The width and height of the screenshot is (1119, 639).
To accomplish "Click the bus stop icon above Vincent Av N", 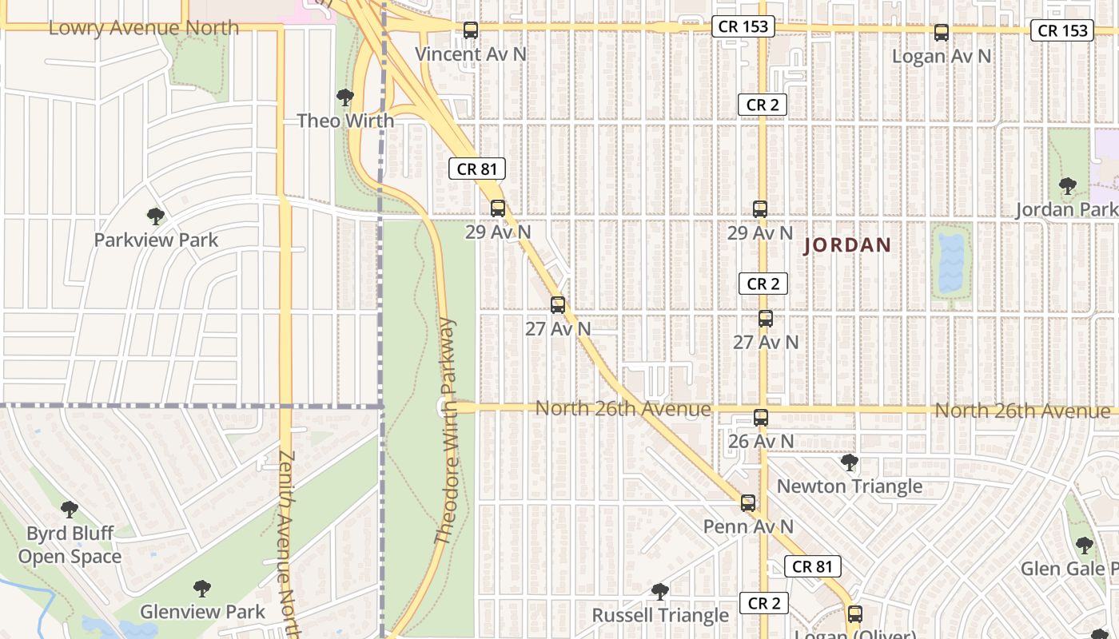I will pyautogui.click(x=471, y=30).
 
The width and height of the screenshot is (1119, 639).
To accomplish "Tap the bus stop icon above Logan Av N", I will pyautogui.click(x=942, y=33).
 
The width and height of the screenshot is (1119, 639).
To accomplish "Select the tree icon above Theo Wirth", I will pyautogui.click(x=345, y=97).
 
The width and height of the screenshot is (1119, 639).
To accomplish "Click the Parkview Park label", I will pyautogui.click(x=156, y=240).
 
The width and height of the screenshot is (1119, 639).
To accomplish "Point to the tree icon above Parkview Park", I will pyautogui.click(x=156, y=216).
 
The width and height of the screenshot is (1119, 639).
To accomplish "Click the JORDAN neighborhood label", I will pyautogui.click(x=847, y=245).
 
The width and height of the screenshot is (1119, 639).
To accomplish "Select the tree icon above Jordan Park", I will pyautogui.click(x=1067, y=186).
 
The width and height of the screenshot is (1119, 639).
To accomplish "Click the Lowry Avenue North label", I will pyautogui.click(x=144, y=28).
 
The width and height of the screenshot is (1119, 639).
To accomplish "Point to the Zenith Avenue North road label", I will pyautogui.click(x=288, y=543).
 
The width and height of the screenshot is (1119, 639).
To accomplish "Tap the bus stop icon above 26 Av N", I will pyautogui.click(x=761, y=417).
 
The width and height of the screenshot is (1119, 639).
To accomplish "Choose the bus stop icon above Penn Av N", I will pyautogui.click(x=748, y=502).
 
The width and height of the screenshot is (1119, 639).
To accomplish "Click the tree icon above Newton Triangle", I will pyautogui.click(x=850, y=462).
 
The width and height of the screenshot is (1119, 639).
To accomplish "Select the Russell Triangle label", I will pyautogui.click(x=660, y=615).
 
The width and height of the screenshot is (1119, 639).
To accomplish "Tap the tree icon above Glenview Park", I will pyautogui.click(x=202, y=589).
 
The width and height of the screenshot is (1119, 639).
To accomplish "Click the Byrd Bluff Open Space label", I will pyautogui.click(x=70, y=545).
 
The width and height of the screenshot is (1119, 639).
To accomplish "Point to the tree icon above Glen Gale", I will pyautogui.click(x=1085, y=546).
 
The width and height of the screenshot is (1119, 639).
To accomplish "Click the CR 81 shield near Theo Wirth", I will pyautogui.click(x=477, y=169).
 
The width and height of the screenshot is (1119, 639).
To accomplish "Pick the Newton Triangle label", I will pyautogui.click(x=850, y=486).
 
